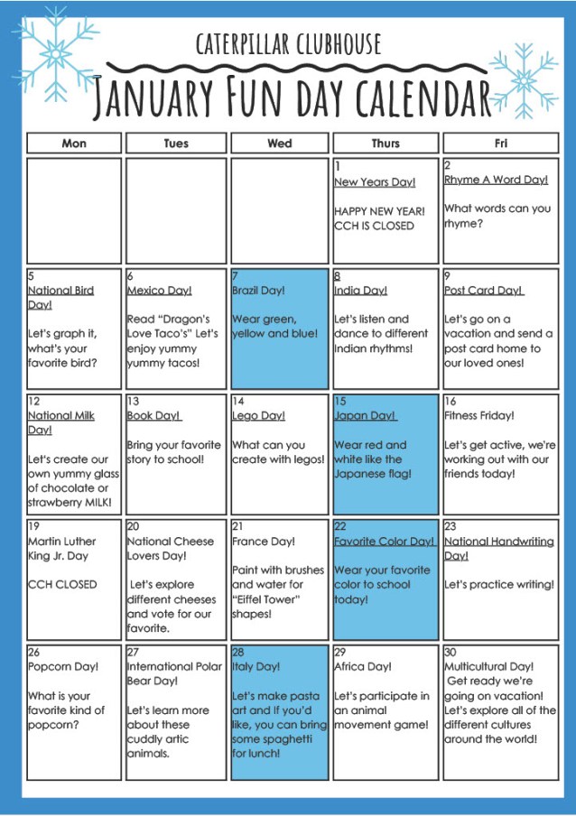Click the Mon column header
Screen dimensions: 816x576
click(74, 144)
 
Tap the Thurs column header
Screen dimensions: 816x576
click(386, 144)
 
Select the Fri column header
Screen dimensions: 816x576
click(500, 144)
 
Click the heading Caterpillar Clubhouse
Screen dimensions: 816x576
click(288, 43)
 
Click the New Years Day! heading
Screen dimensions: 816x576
click(375, 182)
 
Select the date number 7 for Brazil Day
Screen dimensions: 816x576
click(236, 276)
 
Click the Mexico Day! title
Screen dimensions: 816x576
click(159, 291)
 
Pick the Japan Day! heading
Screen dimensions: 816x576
click(365, 416)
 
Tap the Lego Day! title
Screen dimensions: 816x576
click(258, 416)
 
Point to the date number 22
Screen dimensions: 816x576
click(340, 526)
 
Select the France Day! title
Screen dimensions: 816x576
click(262, 542)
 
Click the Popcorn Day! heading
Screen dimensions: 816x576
click(63, 667)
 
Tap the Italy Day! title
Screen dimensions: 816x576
click(256, 667)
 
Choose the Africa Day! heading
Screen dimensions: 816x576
click(363, 667)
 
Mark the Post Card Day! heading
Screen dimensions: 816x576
click(484, 291)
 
